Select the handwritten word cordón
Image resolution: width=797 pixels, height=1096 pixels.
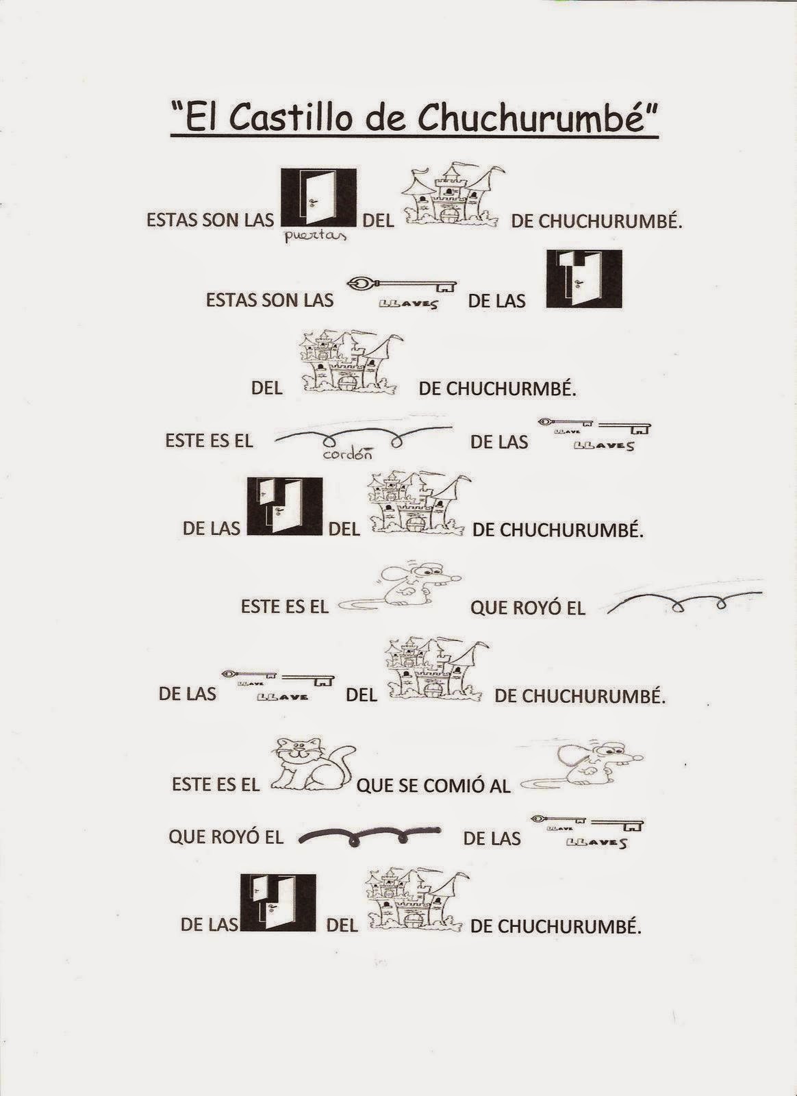[x=346, y=453]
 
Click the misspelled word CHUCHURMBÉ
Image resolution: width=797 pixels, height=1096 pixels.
[x=497, y=388]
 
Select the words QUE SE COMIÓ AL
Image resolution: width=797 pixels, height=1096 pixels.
[x=433, y=785]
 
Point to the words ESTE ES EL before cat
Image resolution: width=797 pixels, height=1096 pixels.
[x=216, y=784]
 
